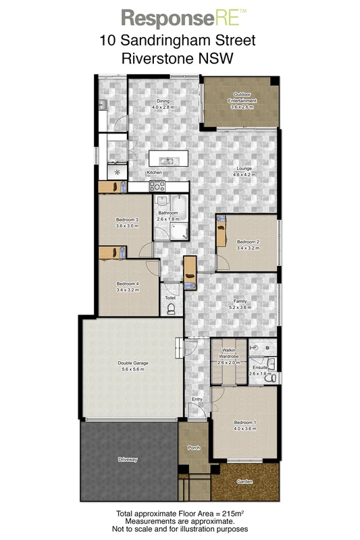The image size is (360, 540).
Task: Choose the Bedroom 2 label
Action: [248, 242]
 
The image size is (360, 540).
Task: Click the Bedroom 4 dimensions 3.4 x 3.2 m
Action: [127, 290]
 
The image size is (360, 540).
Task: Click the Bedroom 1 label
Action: [245, 422]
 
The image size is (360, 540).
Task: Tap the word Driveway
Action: [128, 460]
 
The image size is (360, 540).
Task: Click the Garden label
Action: [245, 482]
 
